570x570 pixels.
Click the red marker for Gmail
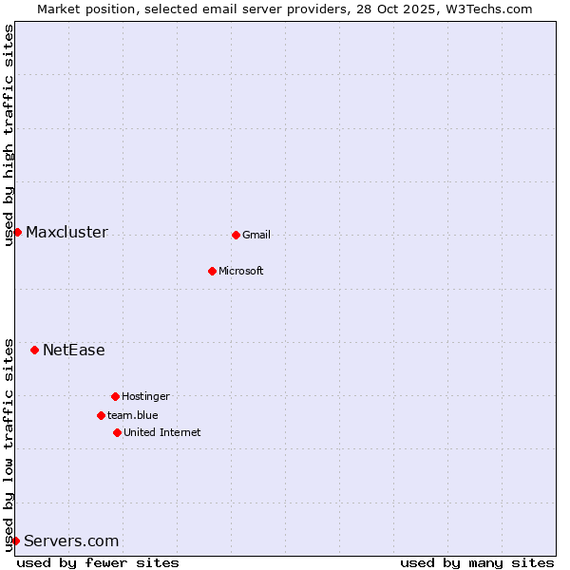click(236, 235)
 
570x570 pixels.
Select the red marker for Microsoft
click(212, 271)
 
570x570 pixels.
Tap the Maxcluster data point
click(17, 232)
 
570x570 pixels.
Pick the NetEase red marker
click(34, 350)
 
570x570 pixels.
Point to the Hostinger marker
click(115, 396)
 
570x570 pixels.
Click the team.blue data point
click(101, 415)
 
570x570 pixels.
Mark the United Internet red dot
click(117, 432)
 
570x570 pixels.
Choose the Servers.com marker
click(15, 541)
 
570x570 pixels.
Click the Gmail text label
click(256, 235)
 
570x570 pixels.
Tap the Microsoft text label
click(241, 271)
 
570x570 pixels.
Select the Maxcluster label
click(66, 233)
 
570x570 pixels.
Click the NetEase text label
click(74, 351)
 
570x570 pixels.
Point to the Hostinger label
click(145, 396)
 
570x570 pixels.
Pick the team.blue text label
click(133, 415)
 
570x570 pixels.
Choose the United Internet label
click(162, 432)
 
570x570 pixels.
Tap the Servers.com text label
click(71, 541)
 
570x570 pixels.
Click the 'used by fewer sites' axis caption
click(98, 562)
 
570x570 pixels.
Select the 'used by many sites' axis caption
click(477, 562)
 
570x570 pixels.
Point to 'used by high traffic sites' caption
click(9, 135)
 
